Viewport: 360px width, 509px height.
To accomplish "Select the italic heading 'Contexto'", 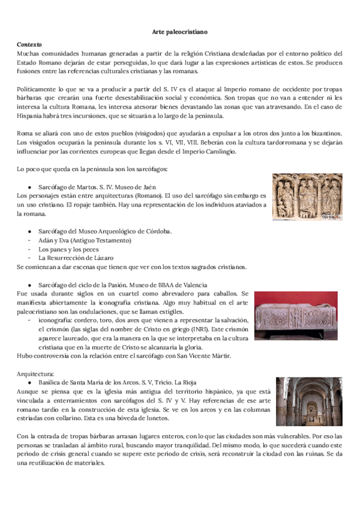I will point(29,44).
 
